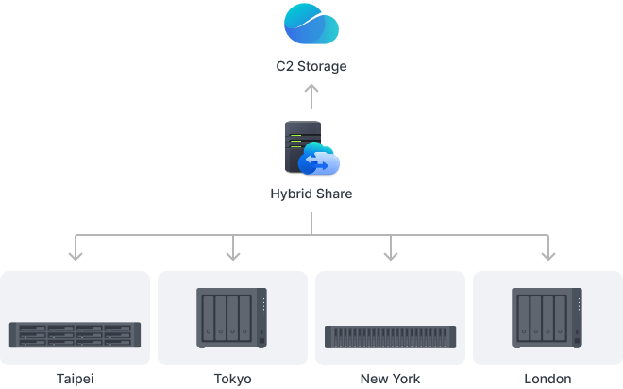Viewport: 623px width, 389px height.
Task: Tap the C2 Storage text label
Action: click(311, 67)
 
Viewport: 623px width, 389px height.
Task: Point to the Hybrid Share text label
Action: click(311, 194)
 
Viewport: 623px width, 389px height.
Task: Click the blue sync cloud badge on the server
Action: click(319, 163)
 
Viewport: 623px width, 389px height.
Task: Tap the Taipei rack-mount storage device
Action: click(76, 334)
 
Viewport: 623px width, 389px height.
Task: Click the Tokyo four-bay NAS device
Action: click(232, 318)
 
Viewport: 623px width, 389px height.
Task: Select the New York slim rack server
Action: click(390, 335)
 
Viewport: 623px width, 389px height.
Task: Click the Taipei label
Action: click(76, 379)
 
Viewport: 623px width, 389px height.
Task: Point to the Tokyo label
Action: click(232, 379)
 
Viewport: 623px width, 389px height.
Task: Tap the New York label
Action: click(390, 379)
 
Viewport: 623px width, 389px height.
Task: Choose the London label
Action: click(547, 379)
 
